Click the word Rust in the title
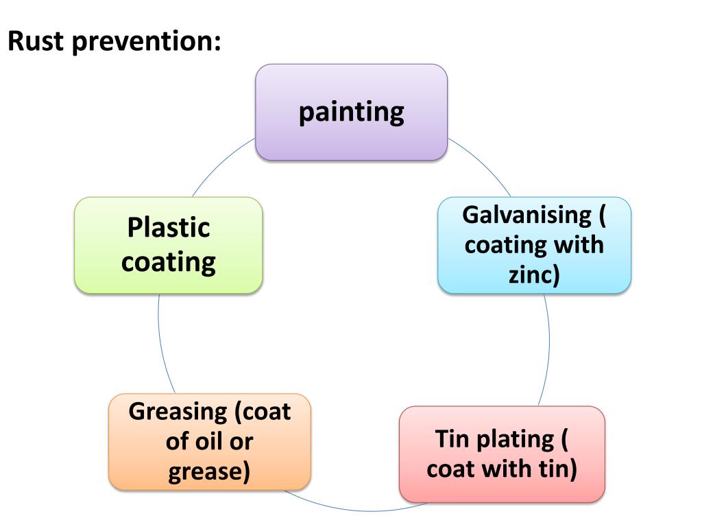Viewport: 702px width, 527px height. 36,43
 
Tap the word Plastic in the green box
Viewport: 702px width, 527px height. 168,227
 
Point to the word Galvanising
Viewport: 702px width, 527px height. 526,215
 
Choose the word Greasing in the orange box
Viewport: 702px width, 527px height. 178,412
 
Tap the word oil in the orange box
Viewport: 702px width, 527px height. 209,441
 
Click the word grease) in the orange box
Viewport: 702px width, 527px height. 209,471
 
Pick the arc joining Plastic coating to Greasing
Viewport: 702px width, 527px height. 160,343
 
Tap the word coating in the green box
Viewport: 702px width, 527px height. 168,262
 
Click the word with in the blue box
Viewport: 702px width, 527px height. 581,245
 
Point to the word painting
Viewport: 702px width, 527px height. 351,111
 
